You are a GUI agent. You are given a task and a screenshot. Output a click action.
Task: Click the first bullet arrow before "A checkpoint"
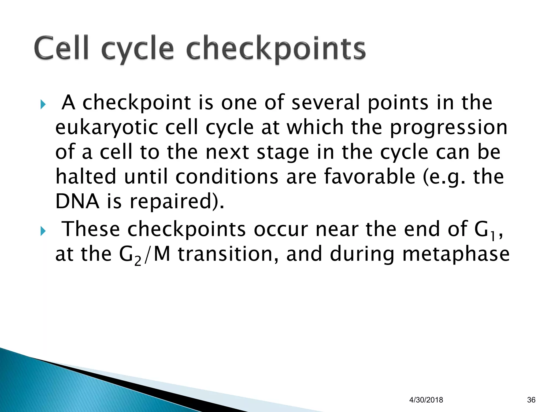point(43,104)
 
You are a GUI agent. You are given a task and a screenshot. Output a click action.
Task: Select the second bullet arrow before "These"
point(43,231)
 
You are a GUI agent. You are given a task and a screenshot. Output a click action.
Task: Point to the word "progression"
point(448,128)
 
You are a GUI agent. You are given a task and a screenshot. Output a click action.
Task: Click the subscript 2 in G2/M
point(138,261)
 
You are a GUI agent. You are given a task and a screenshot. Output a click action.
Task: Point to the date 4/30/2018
point(426,400)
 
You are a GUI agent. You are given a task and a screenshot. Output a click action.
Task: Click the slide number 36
point(531,400)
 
